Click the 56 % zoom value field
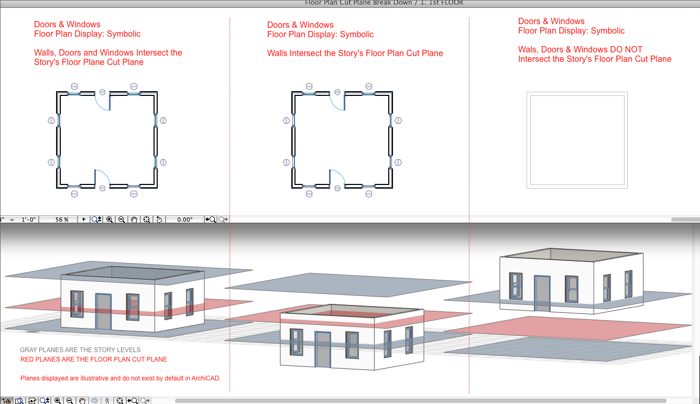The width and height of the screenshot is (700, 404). [62, 220]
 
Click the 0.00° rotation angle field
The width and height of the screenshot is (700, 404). [184, 220]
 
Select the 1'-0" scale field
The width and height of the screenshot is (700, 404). [28, 220]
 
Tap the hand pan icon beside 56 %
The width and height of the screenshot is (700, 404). [134, 220]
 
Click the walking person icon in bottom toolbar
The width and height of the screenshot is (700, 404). [107, 400]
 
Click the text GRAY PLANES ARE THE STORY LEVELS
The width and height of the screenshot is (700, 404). [80, 350]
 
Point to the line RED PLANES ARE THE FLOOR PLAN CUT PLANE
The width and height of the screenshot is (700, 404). [94, 359]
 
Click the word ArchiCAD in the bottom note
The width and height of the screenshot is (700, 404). [206, 378]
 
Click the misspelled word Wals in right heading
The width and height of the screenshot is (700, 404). [527, 49]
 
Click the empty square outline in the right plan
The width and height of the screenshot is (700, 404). [577, 94]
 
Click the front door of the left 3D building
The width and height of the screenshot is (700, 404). [103, 311]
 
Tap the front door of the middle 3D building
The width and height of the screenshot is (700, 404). [323, 350]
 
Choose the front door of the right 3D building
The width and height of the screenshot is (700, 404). [542, 293]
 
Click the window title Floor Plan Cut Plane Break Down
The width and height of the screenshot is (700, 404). [358, 3]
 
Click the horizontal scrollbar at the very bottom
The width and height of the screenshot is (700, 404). [420, 400]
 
